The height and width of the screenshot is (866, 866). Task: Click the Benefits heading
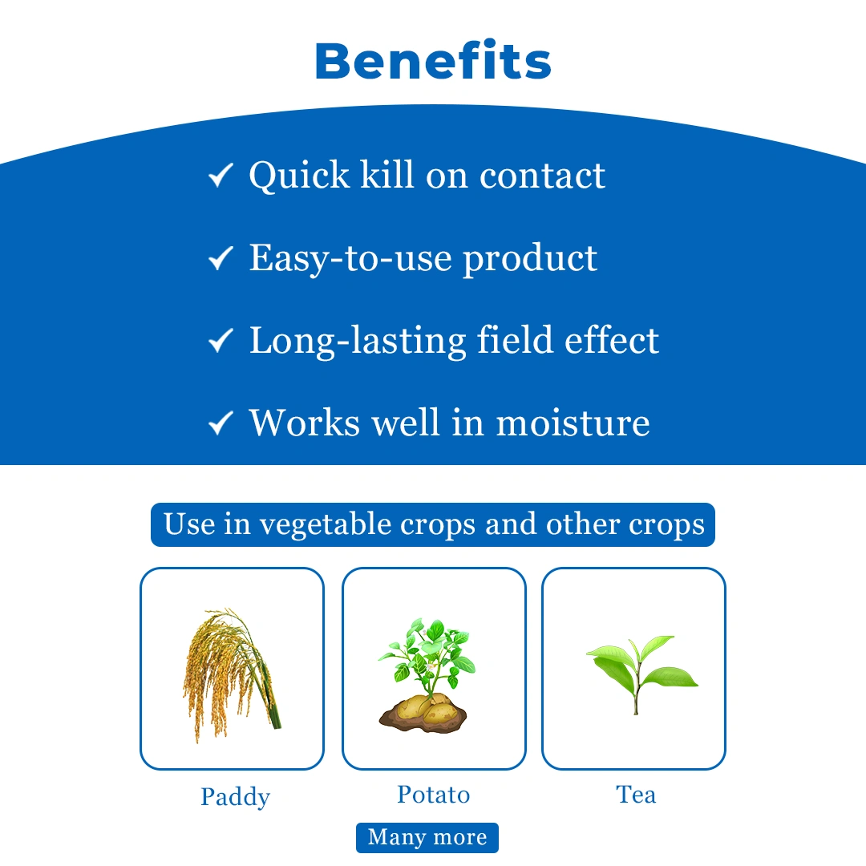click(433, 60)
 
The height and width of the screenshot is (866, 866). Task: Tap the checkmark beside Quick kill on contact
click(221, 176)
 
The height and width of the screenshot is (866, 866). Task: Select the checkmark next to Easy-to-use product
click(221, 258)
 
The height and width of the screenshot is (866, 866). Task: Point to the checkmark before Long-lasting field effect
click(221, 340)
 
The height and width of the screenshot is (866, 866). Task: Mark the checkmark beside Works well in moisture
click(221, 423)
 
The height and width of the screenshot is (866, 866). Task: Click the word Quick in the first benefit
click(299, 176)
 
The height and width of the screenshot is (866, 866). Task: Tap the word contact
click(542, 176)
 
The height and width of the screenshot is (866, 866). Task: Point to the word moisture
click(573, 423)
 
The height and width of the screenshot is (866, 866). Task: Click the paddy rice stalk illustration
click(232, 675)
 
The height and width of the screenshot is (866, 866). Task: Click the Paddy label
click(235, 797)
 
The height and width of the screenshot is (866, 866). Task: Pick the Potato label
click(434, 795)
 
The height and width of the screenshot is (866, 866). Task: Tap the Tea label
click(636, 795)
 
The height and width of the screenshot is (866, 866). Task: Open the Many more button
click(427, 837)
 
